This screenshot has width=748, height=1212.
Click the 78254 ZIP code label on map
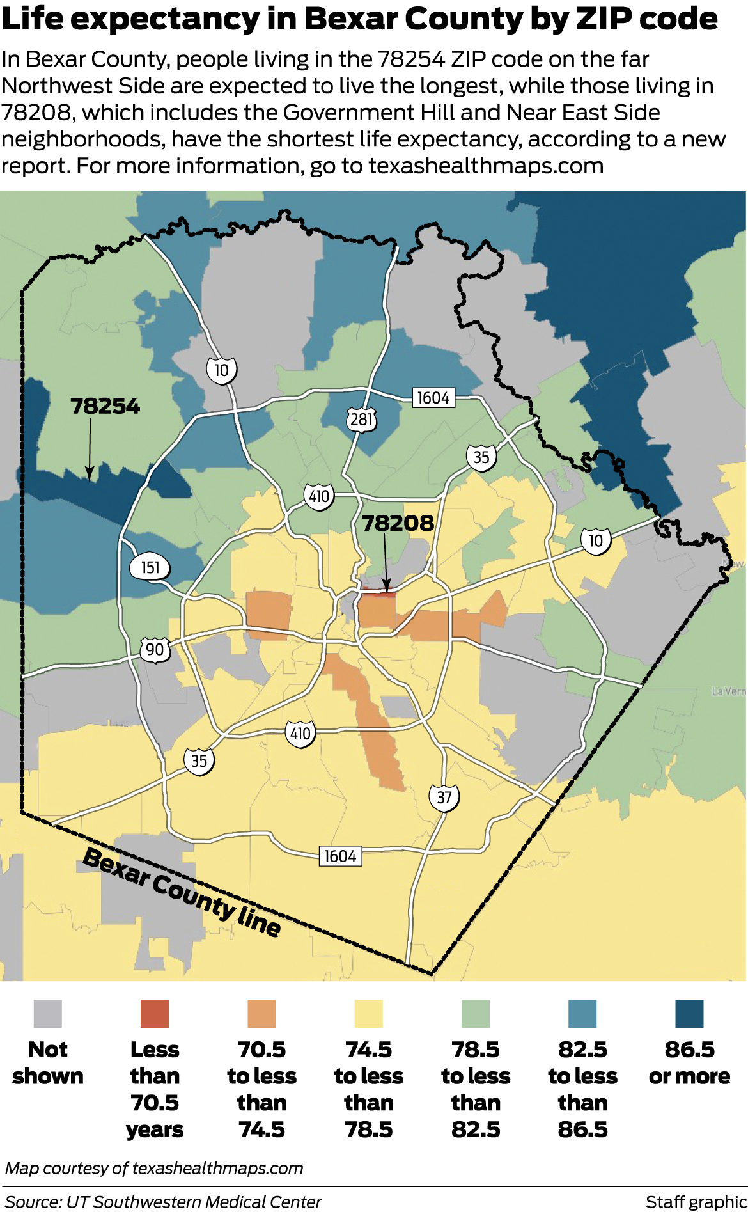[105, 406]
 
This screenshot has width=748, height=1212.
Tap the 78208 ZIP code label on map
[398, 523]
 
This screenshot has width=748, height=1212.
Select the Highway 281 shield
[361, 420]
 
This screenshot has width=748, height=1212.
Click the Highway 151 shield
[150, 567]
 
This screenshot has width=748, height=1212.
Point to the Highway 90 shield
[155, 650]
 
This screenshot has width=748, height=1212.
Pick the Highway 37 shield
[444, 797]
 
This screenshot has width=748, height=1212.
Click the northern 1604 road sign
[433, 398]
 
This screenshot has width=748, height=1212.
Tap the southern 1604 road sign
[339, 856]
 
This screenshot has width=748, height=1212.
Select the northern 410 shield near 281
[319, 496]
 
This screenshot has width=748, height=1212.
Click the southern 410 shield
[300, 733]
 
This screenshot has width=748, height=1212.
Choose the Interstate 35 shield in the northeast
[481, 457]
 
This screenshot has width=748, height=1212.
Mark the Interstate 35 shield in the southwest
[199, 760]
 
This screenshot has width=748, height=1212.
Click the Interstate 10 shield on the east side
[596, 541]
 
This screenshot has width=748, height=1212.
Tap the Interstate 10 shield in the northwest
[221, 370]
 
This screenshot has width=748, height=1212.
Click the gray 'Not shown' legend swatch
[48, 1014]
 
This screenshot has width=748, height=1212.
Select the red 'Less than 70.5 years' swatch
[155, 1014]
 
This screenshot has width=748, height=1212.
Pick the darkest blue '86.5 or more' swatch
[689, 1014]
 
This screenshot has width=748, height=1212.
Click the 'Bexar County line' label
[182, 893]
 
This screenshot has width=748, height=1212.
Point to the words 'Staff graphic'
[696, 1202]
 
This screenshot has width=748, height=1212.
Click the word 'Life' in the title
[32, 19]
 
